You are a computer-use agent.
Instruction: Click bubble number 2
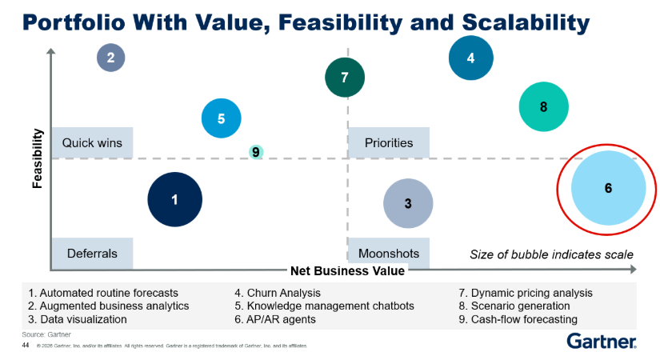click(x=110, y=58)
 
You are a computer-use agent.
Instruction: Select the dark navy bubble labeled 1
click(x=174, y=199)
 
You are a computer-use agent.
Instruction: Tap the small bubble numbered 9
click(x=256, y=151)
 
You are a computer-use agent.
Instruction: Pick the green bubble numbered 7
click(x=345, y=78)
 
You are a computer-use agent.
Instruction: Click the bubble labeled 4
click(x=471, y=58)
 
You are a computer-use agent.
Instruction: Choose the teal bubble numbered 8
click(x=543, y=106)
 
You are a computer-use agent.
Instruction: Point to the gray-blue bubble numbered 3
click(x=408, y=203)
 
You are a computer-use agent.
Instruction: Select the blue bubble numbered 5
click(x=222, y=118)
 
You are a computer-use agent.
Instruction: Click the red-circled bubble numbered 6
click(x=608, y=188)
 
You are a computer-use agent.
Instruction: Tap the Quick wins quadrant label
click(x=92, y=142)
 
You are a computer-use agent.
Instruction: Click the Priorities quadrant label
click(x=389, y=142)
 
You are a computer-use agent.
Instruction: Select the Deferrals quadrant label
click(x=92, y=254)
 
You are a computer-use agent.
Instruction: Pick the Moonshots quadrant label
click(x=389, y=254)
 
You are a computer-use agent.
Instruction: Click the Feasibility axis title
click(x=38, y=158)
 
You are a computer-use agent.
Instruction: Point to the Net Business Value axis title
click(x=348, y=270)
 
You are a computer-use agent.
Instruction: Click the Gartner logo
click(x=602, y=341)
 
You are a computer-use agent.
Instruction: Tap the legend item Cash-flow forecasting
click(x=518, y=319)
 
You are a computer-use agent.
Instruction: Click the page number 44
click(x=26, y=346)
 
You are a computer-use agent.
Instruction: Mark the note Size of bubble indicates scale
click(x=551, y=254)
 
